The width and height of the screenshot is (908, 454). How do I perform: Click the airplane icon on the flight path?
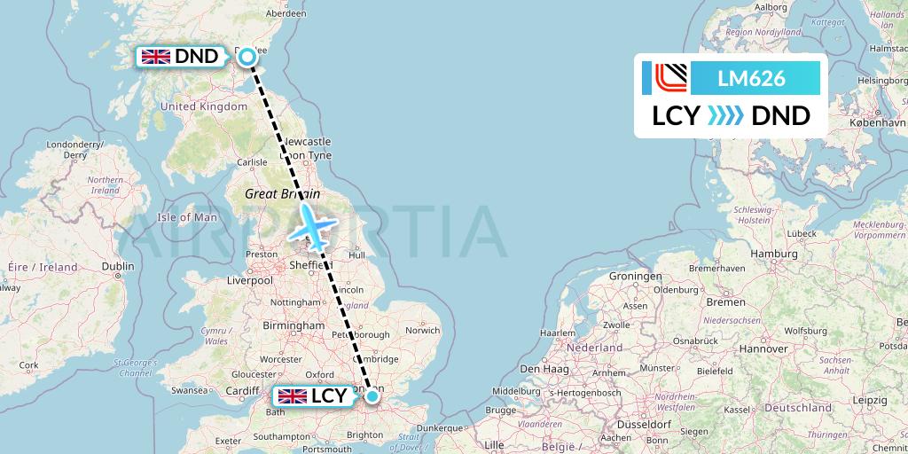(x=311, y=226)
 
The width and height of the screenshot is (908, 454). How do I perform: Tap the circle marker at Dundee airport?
(x=247, y=57)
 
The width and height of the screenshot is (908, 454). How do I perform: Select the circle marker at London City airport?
(x=372, y=398)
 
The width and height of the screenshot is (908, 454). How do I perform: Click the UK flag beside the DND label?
(x=156, y=57)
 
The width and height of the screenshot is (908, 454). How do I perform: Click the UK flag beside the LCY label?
(x=293, y=396)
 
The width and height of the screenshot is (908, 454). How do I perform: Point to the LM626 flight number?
(x=751, y=78)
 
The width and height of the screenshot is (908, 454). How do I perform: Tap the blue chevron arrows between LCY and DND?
(x=726, y=115)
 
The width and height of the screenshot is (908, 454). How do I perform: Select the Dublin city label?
(x=117, y=266)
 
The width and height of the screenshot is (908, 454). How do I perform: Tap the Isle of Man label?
(x=186, y=217)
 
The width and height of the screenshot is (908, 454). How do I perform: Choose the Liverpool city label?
(x=249, y=280)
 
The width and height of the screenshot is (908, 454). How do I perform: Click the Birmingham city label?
(x=294, y=325)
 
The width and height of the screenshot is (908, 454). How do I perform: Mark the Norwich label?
(x=421, y=331)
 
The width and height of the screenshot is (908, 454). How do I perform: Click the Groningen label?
(x=635, y=276)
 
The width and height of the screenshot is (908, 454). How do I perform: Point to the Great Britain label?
(x=277, y=193)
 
